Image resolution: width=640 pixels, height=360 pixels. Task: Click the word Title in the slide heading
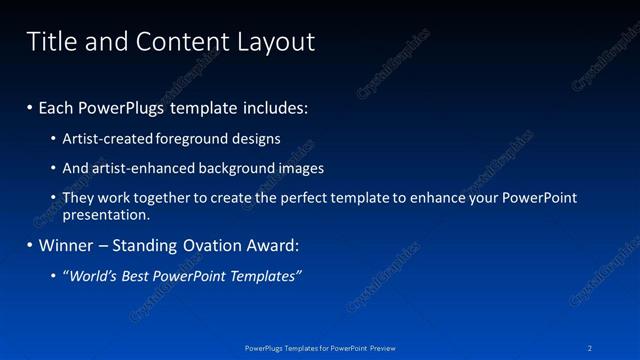50,41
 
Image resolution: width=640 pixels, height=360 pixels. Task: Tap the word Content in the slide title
177,41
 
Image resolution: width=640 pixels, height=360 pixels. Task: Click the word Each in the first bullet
58,106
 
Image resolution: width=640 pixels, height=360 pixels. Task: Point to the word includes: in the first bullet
271,106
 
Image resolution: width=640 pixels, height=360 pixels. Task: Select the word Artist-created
107,138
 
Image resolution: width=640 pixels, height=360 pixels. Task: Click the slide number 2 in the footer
591,347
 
